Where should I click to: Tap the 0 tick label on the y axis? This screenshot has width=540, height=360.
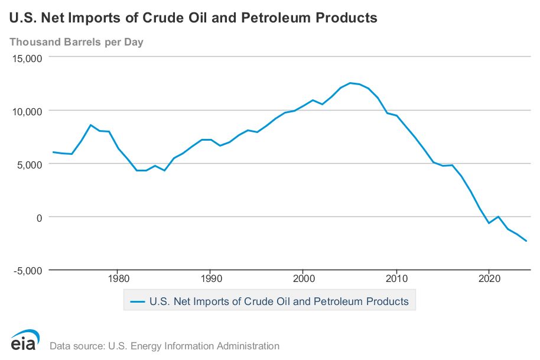pos(39,217)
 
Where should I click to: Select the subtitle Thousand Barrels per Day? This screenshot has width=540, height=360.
pos(76,42)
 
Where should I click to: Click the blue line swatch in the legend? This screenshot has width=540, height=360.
pos(137,301)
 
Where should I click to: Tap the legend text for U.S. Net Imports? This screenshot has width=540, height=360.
pos(279,301)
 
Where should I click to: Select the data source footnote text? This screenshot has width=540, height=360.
pos(165,346)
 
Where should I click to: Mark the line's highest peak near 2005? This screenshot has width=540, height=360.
pos(350,83)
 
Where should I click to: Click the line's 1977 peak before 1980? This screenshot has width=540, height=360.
pos(90,125)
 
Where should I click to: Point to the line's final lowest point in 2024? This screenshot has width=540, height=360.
pos(526,241)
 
